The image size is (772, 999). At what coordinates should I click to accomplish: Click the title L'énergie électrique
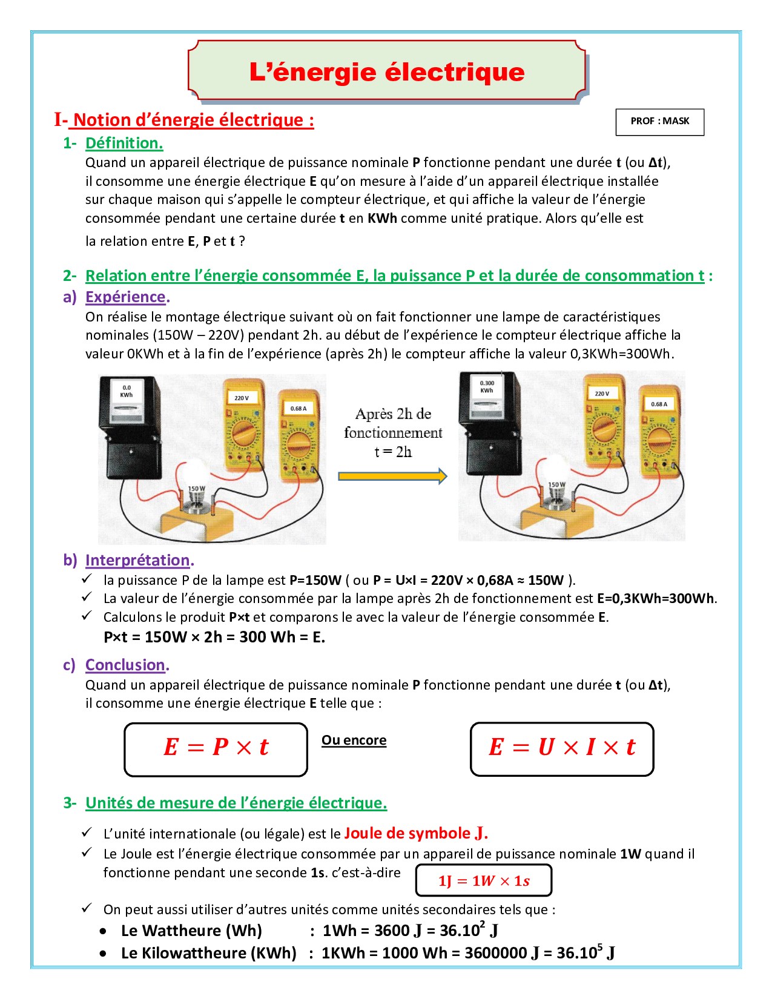tap(387, 72)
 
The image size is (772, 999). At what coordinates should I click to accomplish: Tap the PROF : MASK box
tap(659, 122)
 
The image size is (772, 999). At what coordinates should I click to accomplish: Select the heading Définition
tap(124, 143)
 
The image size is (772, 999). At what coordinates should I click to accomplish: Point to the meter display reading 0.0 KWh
tap(127, 391)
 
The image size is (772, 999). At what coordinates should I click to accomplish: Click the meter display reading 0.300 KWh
tap(487, 387)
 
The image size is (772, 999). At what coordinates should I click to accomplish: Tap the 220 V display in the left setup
tap(242, 398)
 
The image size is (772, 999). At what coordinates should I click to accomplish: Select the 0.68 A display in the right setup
tap(659, 404)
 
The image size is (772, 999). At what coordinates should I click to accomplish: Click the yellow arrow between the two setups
tap(393, 476)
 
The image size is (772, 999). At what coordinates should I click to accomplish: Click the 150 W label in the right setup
tap(557, 484)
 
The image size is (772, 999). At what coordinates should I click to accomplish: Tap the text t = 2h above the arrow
tap(393, 452)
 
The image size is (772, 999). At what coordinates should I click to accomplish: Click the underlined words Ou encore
tap(354, 740)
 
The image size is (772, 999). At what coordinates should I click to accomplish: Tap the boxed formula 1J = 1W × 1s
tap(484, 880)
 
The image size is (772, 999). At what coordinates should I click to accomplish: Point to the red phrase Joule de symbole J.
tap(416, 833)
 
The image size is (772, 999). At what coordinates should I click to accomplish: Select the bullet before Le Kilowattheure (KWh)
tap(104, 954)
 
